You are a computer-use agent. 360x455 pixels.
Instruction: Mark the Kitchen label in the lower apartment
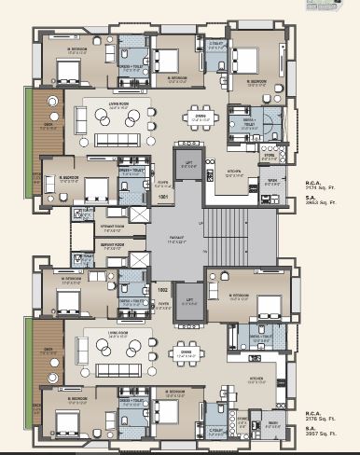tap(256, 378)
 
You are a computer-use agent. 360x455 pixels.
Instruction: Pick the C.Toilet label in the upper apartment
tap(215, 44)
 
